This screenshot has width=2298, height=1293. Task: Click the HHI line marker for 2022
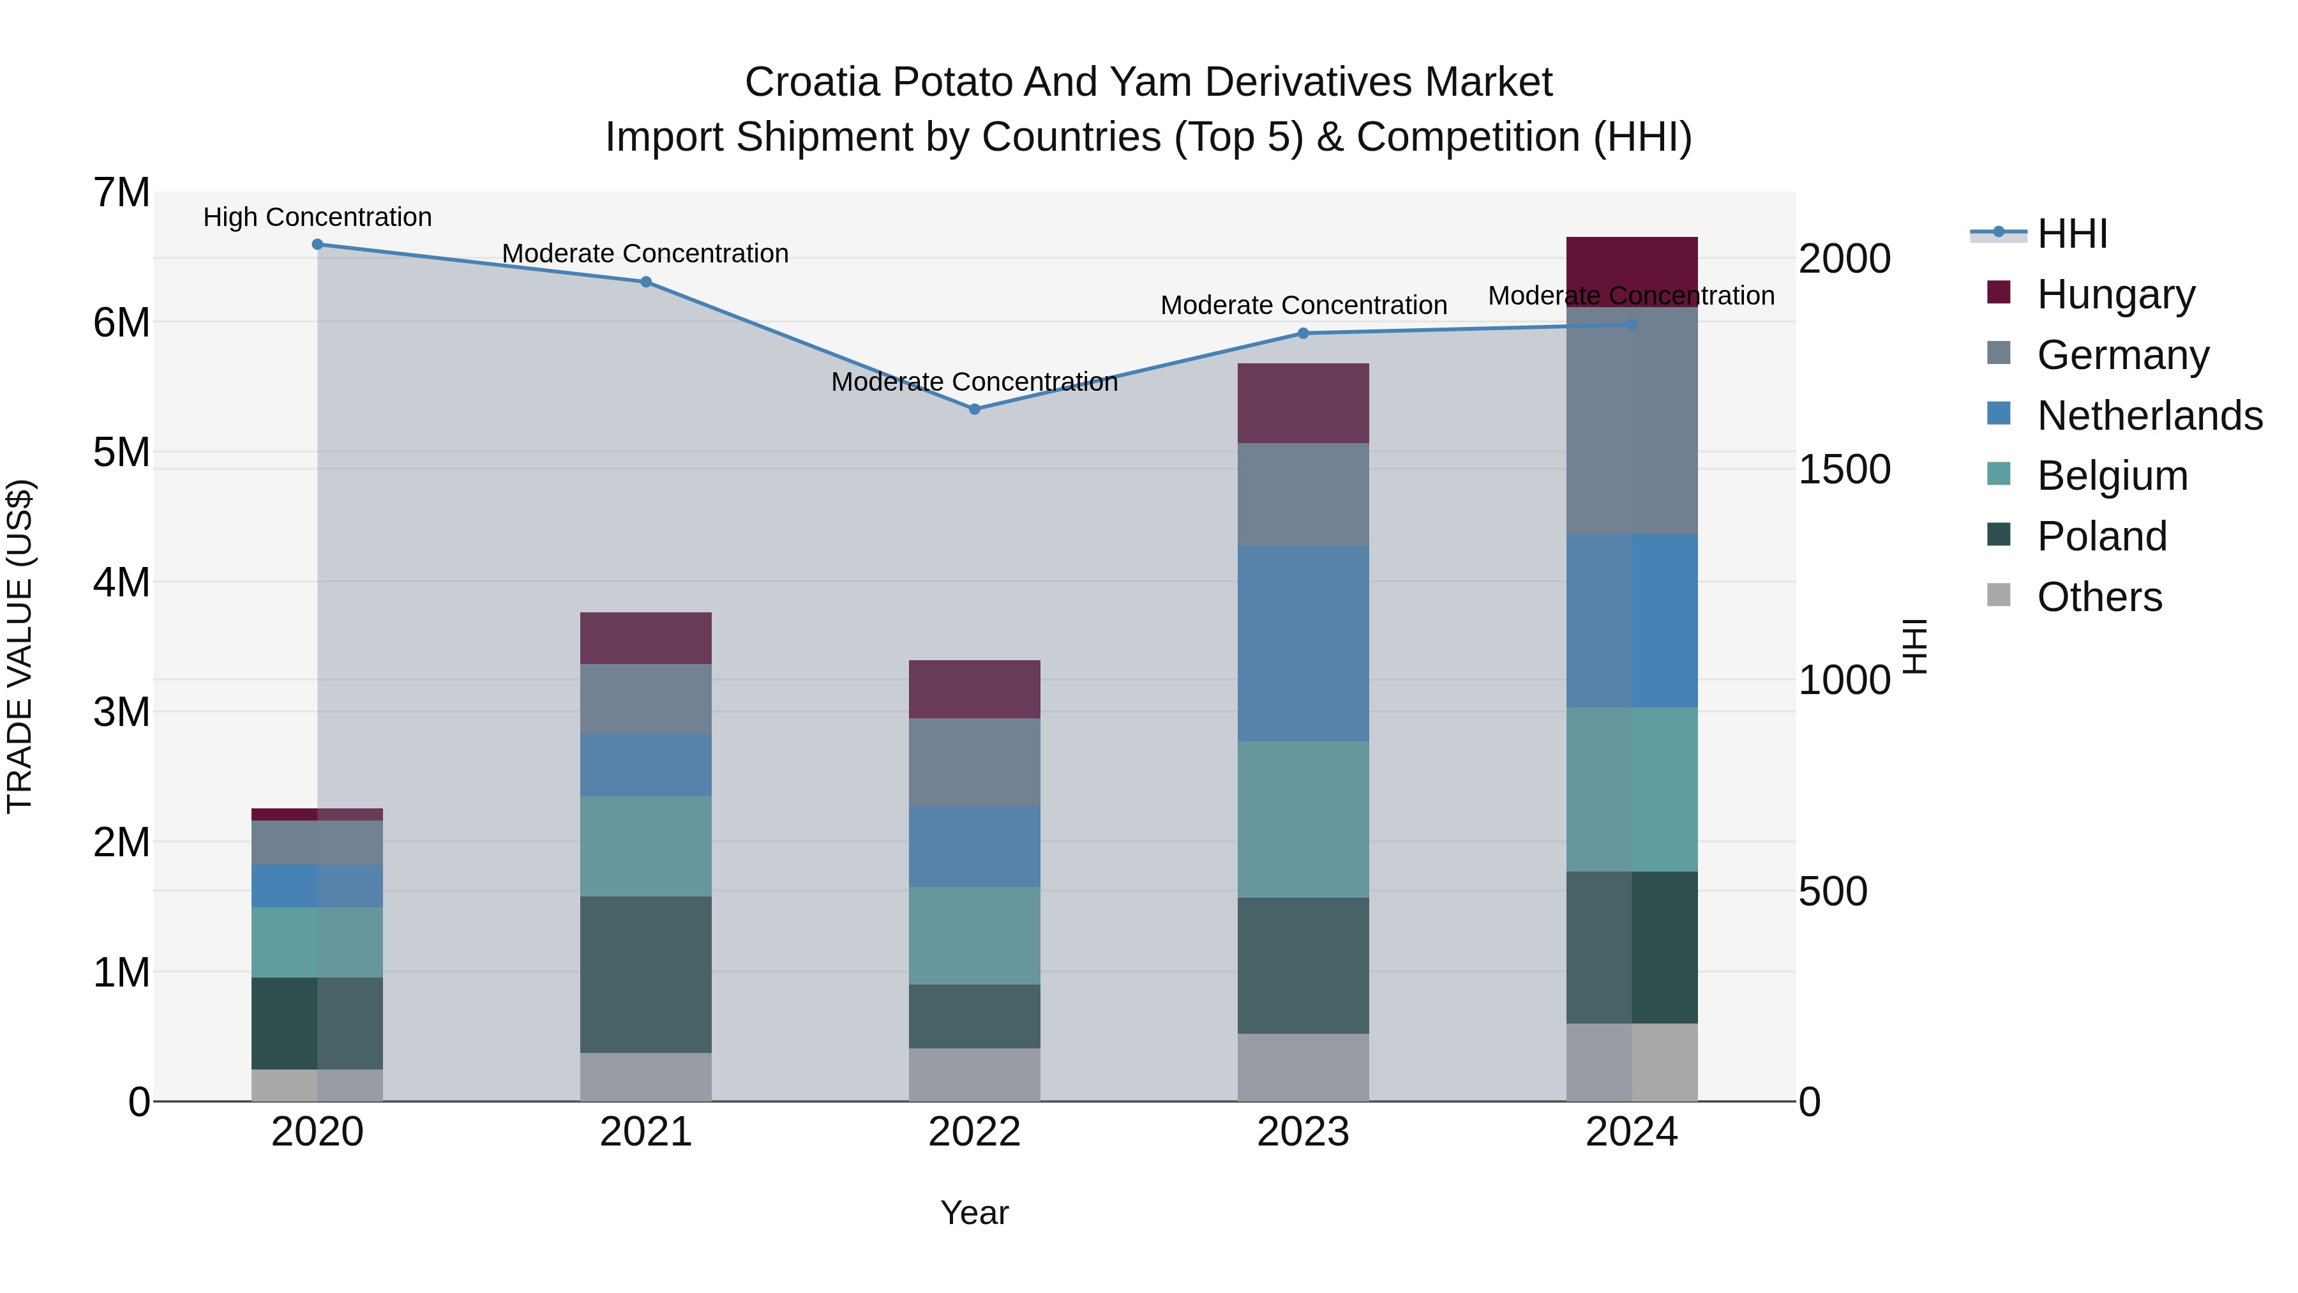point(974,409)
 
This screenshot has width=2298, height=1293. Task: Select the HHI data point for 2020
point(318,245)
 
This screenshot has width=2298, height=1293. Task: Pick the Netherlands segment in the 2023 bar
point(1302,644)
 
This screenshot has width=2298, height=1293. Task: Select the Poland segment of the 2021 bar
point(646,974)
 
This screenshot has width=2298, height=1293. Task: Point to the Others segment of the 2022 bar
point(974,1075)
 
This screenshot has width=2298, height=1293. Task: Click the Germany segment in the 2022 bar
point(974,762)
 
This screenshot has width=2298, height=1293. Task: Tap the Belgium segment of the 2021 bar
point(646,846)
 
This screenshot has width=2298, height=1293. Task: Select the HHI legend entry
point(2071,234)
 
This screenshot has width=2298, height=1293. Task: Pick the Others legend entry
point(2099,597)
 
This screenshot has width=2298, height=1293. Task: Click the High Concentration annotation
point(318,218)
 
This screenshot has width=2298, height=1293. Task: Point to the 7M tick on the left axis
point(121,193)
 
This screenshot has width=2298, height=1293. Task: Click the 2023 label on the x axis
point(1302,1132)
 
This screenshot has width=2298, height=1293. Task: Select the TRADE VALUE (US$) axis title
point(20,646)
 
